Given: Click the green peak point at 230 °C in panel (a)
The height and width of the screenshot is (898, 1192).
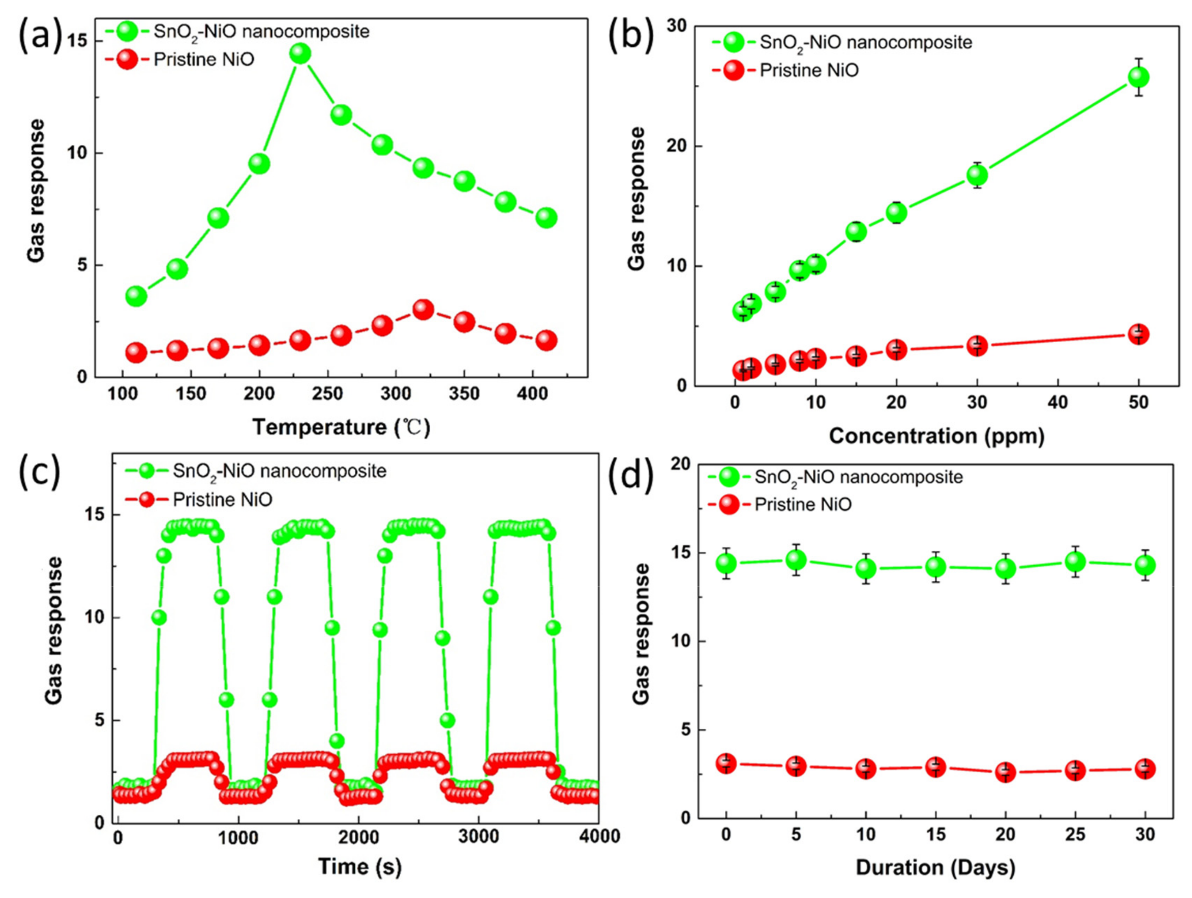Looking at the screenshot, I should point(300,53).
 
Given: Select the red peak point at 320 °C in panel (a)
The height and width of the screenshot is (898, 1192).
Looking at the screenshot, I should point(424,309).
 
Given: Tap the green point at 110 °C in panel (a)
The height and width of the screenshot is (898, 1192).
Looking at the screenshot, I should point(136,296).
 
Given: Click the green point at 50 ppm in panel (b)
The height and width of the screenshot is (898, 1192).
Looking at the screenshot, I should point(1139,77).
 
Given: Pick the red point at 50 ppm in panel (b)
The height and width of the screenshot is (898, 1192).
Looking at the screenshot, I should point(1139,335).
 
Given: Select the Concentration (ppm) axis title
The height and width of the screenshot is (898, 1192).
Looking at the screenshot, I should point(937,436).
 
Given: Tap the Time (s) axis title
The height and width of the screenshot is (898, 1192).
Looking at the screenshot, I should point(360,866).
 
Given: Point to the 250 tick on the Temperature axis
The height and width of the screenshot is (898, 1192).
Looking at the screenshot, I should point(328,394).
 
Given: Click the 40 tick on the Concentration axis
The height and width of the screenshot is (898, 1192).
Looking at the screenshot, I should point(1058,402).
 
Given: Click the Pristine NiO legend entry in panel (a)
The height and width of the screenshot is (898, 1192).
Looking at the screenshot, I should point(204,59).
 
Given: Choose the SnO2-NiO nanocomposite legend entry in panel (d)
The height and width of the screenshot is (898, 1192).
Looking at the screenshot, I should point(858,477).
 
